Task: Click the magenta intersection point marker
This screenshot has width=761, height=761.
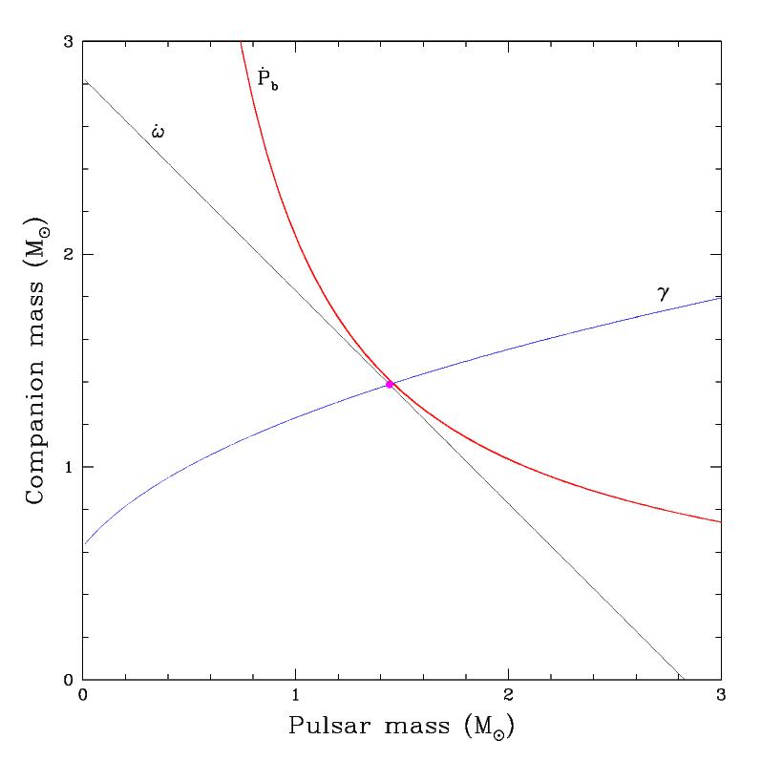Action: (x=390, y=384)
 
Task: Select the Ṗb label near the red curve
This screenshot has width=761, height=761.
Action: (x=266, y=77)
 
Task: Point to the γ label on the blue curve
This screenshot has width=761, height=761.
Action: (x=664, y=293)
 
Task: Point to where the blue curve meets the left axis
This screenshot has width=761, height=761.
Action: (x=84, y=544)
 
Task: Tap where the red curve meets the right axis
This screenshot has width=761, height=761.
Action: (x=720, y=521)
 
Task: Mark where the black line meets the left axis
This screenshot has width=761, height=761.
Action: (x=84, y=82)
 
